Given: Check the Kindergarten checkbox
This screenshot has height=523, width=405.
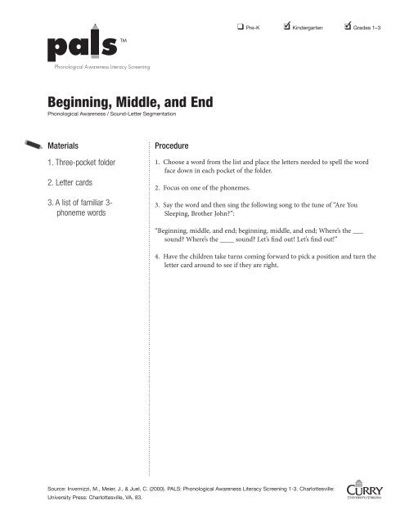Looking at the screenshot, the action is (x=284, y=28).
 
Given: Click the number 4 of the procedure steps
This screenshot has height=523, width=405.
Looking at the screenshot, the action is (x=157, y=257).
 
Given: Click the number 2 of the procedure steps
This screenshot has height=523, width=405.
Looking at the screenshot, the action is (x=157, y=186).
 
